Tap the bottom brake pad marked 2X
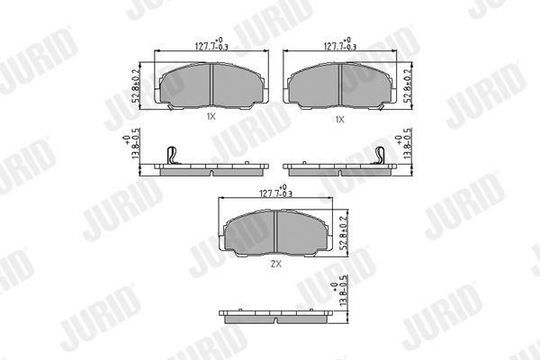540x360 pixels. click(274, 235)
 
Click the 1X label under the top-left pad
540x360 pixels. click(211, 117)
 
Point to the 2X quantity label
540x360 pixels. click(276, 265)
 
